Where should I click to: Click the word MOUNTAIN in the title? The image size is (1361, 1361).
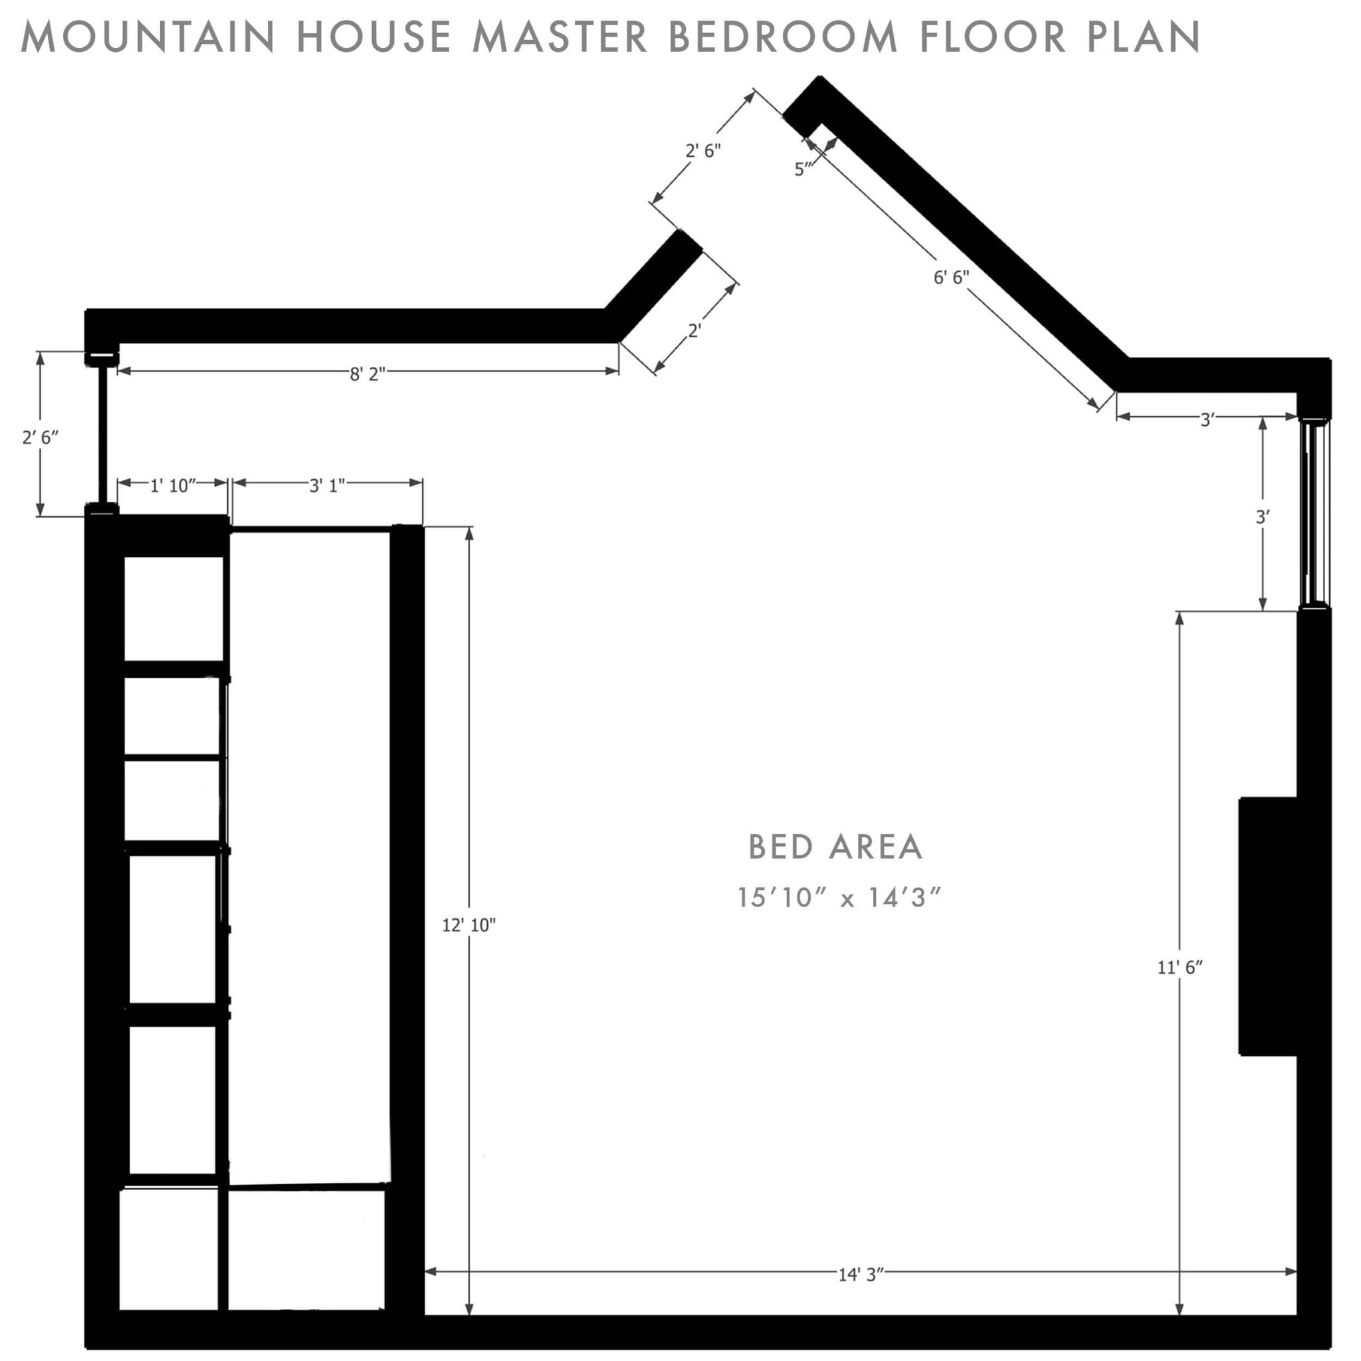coord(148,37)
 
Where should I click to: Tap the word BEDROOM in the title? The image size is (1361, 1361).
coord(783,37)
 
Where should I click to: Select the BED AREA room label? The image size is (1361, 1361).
coord(835,847)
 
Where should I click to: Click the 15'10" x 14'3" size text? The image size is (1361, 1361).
coord(838,898)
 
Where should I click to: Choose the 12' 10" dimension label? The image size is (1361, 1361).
coord(469,926)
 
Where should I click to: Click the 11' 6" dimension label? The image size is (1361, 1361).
coord(1180,968)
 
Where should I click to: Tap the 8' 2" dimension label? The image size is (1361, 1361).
coord(367,374)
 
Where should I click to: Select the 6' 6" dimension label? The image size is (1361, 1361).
coord(951,278)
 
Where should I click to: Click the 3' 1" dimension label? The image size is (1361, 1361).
coord(327,485)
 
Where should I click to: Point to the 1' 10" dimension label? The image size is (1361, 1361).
coord(173,485)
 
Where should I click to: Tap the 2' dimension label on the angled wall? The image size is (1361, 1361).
coord(694,330)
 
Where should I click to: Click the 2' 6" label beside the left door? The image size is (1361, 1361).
coord(40,437)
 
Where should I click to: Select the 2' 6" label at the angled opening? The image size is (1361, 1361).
coord(703,151)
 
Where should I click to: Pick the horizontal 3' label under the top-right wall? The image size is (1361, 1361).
coord(1207,420)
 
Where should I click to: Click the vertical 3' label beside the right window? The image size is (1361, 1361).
coord(1263,517)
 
